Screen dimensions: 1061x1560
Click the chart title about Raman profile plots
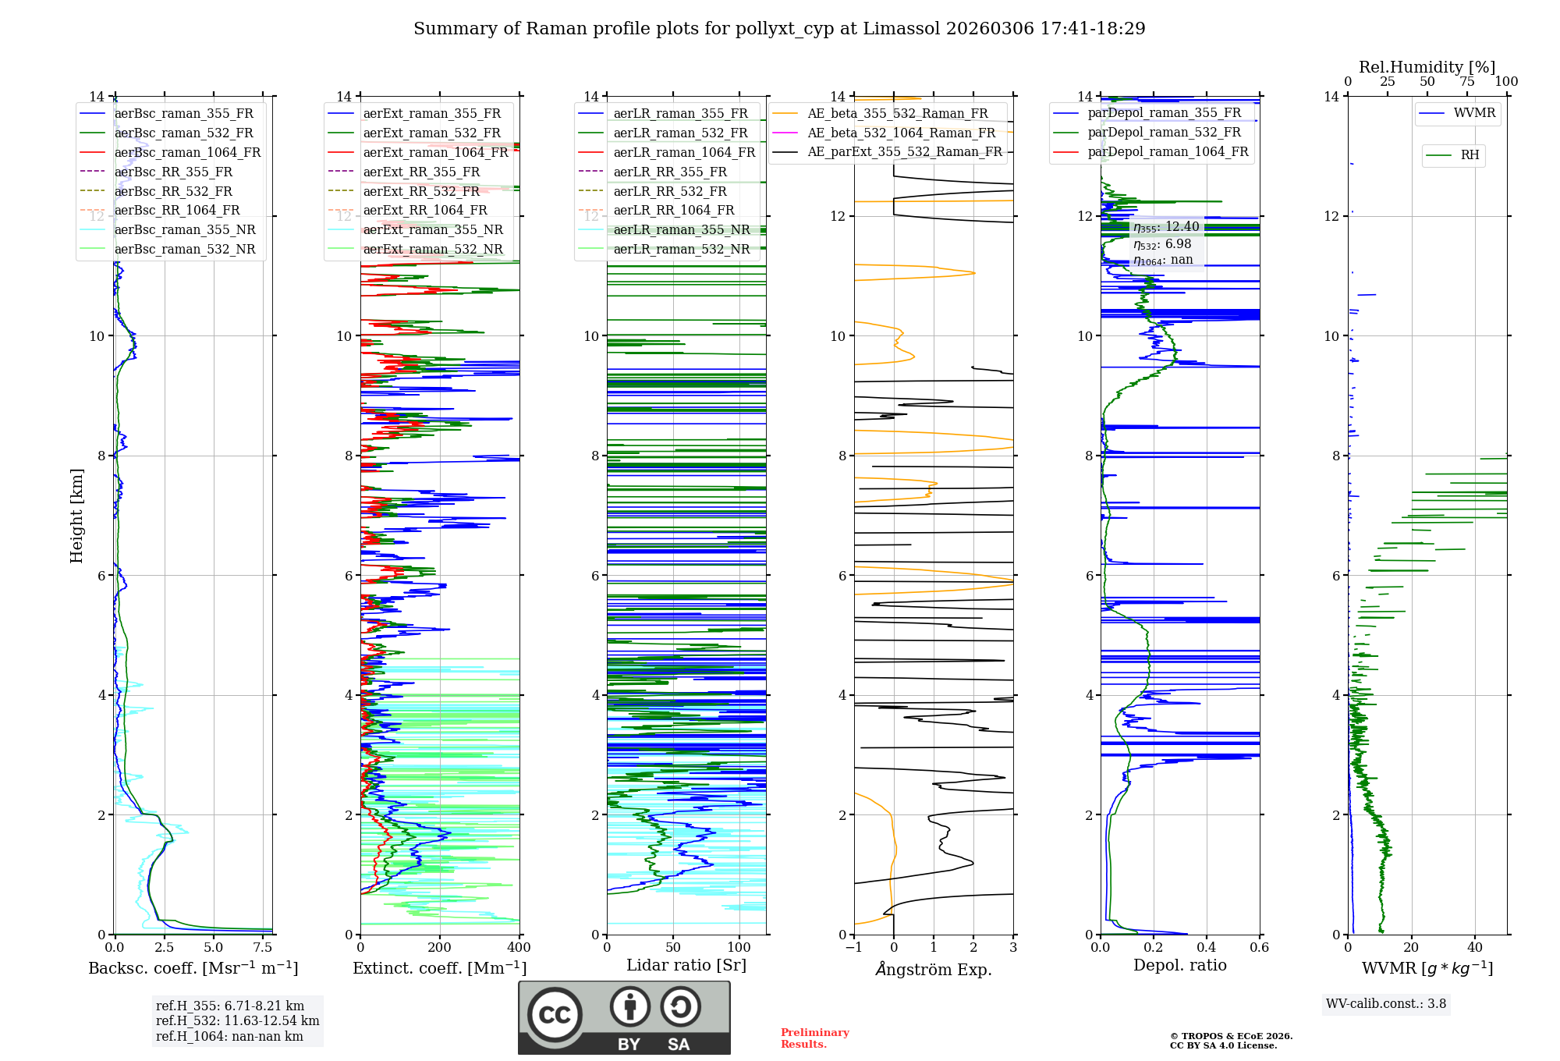(779, 29)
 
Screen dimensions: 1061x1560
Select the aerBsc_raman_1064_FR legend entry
(187, 153)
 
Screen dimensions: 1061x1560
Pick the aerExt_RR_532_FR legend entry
(421, 191)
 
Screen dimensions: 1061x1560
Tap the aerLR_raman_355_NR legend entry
(681, 230)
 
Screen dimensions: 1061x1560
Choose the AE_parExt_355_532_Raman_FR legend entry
(904, 152)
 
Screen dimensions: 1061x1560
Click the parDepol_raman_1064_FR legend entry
(1168, 152)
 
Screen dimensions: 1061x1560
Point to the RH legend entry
(1470, 155)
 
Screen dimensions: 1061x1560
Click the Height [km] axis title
(76, 515)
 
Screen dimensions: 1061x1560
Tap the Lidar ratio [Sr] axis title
(686, 965)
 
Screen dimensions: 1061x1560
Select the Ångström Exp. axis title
(934, 969)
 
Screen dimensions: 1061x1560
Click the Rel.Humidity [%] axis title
(1427, 67)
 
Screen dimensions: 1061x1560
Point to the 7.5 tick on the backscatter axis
(263, 948)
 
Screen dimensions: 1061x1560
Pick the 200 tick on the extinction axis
(440, 948)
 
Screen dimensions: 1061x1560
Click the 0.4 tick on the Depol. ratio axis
(1207, 948)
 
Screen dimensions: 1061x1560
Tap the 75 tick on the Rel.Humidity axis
(1467, 82)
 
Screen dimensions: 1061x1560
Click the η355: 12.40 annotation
(1166, 227)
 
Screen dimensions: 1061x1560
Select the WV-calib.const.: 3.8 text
(1386, 1004)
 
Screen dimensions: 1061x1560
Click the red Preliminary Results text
(814, 1038)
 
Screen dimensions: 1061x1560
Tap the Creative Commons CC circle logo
(555, 1015)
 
